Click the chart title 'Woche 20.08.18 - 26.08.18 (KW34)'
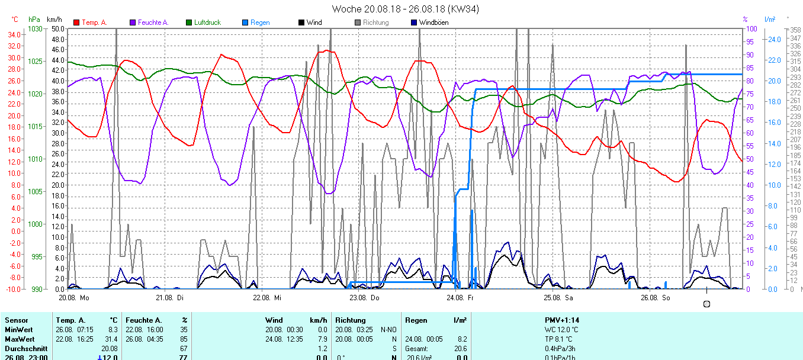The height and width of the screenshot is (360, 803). [406, 9]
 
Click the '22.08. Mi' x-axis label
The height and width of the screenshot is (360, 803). [269, 297]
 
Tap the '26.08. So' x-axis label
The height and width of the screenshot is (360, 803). [658, 297]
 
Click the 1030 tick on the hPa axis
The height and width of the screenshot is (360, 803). [36, 29]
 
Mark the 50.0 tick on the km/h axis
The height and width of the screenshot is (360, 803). [58, 29]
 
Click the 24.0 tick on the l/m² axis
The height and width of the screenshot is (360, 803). [774, 40]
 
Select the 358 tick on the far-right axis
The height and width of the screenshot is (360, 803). [794, 30]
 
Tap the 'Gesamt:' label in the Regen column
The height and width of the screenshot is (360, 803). [416, 349]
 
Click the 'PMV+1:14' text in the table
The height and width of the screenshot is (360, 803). [562, 320]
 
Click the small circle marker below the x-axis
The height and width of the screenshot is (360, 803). [706, 304]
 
